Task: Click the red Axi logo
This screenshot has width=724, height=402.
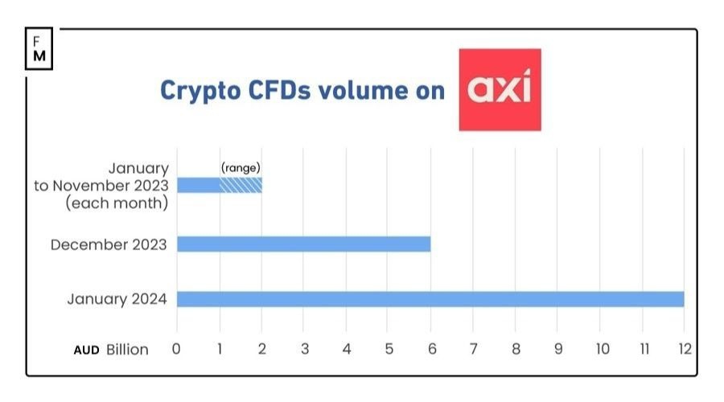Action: pos(500,89)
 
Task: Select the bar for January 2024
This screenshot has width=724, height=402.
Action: pos(430,299)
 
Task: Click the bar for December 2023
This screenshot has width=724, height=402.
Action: pos(303,244)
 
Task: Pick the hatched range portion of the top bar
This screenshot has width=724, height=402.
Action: pos(241,185)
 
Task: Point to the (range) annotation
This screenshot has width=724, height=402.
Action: pos(241,168)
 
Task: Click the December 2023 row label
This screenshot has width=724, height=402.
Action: pos(109,244)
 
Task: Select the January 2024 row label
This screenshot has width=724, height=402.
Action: pos(117,300)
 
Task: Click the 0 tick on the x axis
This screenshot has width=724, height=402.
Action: pos(177,350)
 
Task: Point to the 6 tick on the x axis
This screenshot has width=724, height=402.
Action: pos(430,350)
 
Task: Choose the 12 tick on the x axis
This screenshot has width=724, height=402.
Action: pos(684,350)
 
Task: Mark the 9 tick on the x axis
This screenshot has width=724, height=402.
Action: pos(557,350)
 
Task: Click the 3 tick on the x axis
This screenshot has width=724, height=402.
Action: pos(304,350)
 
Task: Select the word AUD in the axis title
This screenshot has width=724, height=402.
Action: pos(86,350)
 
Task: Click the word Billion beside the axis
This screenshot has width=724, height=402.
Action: pos(127,350)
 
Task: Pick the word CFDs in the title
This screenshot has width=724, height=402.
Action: pos(275,90)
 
